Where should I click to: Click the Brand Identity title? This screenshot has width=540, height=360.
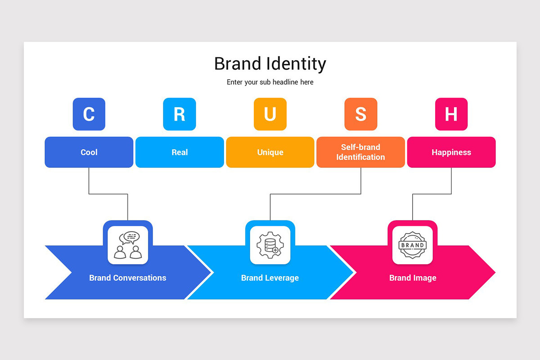coord(270,64)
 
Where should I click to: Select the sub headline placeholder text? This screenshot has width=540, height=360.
coord(270,82)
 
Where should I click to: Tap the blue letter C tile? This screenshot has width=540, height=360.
coord(89,114)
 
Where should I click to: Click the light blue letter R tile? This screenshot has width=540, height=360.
coord(180,114)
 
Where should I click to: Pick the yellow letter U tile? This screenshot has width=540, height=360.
coord(270,114)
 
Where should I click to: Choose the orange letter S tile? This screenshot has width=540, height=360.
coord(360,114)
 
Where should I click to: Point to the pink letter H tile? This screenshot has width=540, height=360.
coord(451,114)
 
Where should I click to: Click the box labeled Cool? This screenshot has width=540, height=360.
coord(89,152)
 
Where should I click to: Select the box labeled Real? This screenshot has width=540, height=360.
coord(180,152)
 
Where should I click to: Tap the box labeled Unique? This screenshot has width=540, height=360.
coord(270,152)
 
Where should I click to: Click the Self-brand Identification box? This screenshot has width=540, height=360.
coord(360,152)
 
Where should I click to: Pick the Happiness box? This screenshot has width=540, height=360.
coord(451,152)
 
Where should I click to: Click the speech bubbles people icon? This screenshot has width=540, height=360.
coord(128,245)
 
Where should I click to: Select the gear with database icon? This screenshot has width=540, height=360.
coord(270,245)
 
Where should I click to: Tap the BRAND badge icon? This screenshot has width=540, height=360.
coord(412,245)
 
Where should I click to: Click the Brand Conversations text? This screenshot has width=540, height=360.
coord(128,278)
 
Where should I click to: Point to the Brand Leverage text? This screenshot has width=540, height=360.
coord(270,278)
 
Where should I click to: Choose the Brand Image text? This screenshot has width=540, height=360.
coord(413,278)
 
